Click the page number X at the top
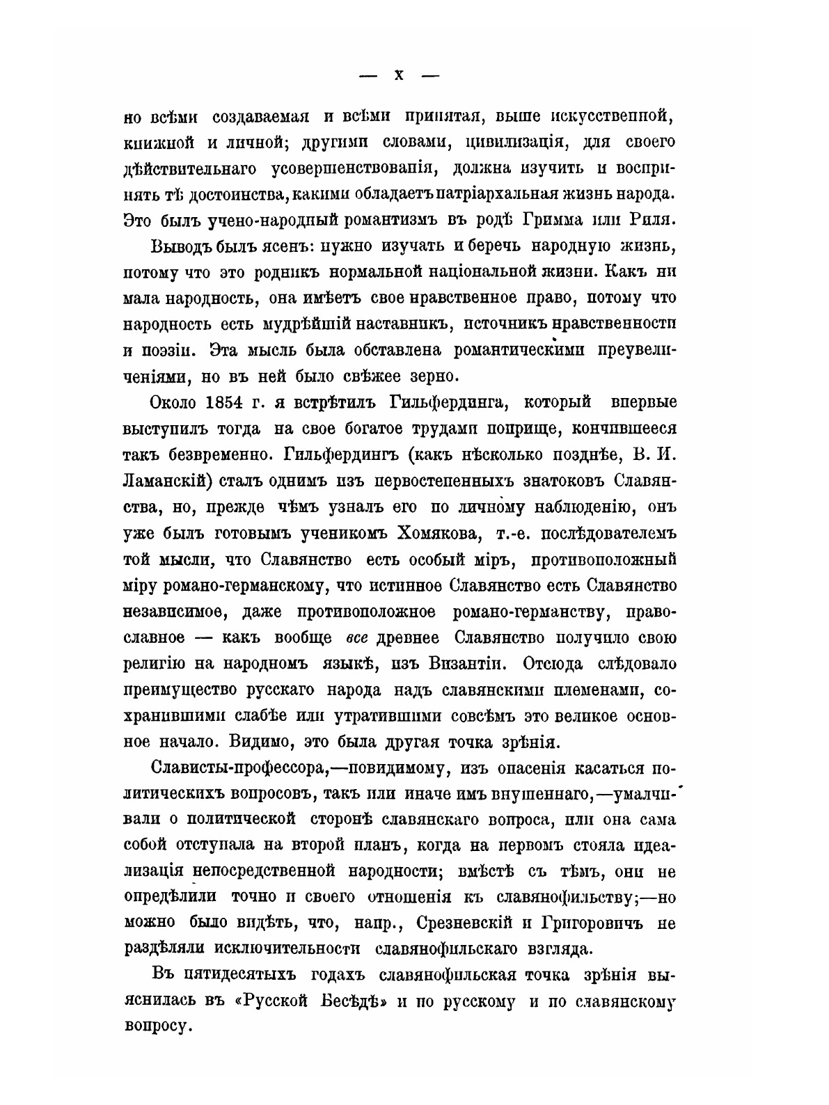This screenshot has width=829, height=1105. [399, 75]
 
